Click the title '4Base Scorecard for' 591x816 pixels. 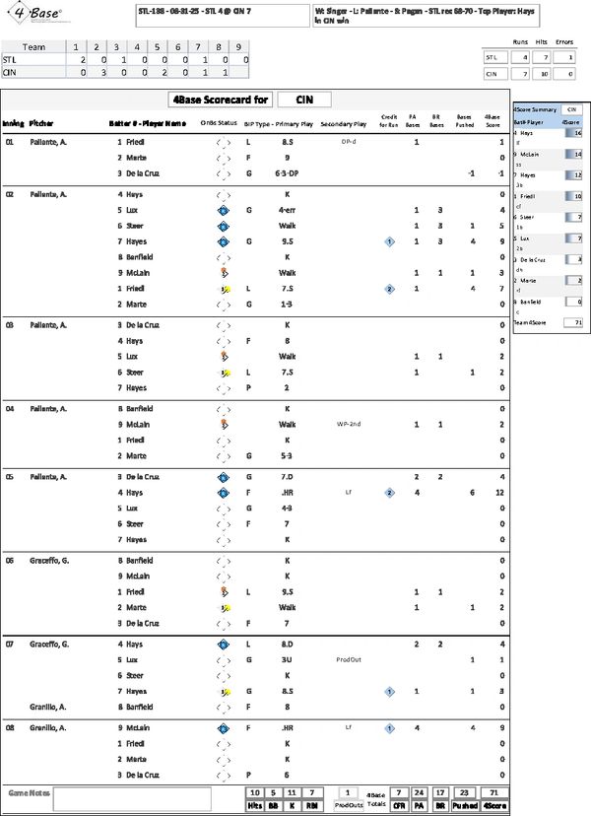tap(218, 100)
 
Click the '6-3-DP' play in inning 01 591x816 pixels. tap(288, 173)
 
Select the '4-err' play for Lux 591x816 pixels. tap(288, 210)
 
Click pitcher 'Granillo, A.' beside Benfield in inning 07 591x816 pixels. tap(48, 707)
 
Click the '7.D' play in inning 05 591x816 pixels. tap(288, 476)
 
